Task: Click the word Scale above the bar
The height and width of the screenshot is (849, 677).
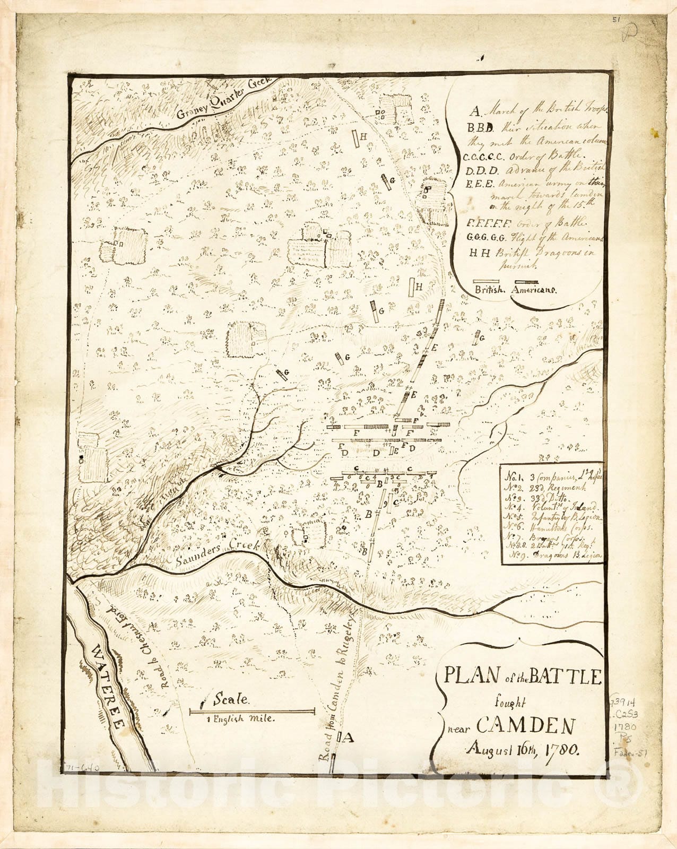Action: pos(230,699)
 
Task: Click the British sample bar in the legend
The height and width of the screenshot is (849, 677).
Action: pos(487,281)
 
